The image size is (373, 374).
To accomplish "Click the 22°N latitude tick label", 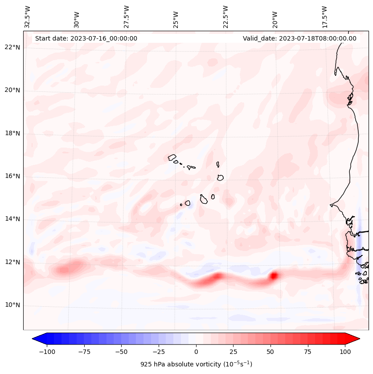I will point(12,48).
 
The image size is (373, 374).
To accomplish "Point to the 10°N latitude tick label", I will point(12,305).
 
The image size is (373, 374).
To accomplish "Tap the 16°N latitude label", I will point(12,177).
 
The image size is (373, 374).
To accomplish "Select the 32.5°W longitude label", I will point(28,17).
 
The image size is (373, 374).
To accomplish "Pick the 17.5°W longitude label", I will point(324,17).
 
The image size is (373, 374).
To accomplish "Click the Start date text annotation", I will point(86,38).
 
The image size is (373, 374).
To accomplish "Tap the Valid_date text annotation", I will point(299,38).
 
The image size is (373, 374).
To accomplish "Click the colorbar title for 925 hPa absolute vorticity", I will point(196,364).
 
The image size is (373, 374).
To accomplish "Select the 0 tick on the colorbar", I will point(196,352).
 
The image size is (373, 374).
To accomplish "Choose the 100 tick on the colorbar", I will point(345,352).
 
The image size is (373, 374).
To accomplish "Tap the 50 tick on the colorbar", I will point(271,352).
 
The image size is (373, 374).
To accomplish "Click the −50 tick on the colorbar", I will point(122,352).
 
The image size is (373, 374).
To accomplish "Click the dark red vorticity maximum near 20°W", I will point(274,276).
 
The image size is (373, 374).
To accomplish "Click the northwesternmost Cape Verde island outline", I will point(172,157).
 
